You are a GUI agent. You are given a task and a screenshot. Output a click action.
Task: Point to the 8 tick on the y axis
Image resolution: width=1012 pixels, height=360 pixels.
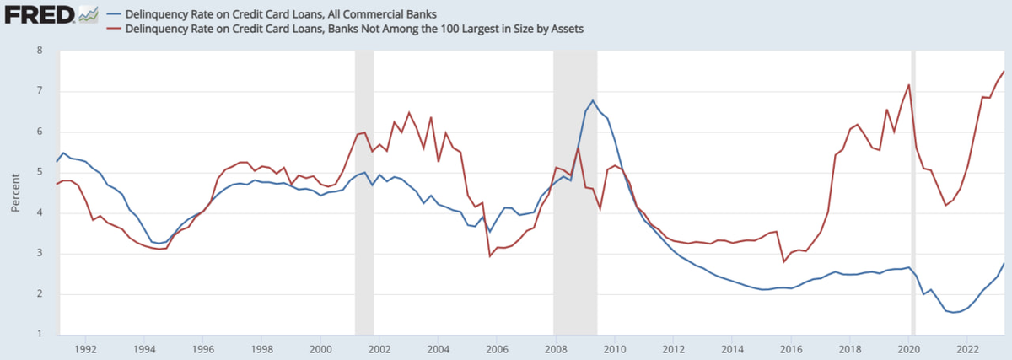[x=40, y=51]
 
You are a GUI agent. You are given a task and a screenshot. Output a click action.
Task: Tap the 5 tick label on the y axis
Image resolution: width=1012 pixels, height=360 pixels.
[x=40, y=172]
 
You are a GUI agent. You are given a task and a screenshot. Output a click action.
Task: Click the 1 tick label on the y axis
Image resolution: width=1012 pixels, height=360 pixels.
[x=40, y=335]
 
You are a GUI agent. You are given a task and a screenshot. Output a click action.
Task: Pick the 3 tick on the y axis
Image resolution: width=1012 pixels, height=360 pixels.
[x=40, y=254]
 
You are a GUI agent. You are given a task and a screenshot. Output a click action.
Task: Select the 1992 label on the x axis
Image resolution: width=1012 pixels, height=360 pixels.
[x=85, y=348]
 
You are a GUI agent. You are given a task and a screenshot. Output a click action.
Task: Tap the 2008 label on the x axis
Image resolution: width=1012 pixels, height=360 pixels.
[x=556, y=348]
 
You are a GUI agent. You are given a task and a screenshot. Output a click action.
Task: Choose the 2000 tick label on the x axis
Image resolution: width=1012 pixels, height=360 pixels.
[x=320, y=348]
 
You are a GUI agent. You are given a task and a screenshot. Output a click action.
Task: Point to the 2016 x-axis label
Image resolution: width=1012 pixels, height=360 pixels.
[x=791, y=348]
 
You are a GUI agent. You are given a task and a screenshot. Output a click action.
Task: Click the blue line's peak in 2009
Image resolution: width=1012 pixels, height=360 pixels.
[x=593, y=100]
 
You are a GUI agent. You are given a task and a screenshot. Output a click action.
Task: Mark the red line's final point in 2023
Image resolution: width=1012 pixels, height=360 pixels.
[x=1004, y=71]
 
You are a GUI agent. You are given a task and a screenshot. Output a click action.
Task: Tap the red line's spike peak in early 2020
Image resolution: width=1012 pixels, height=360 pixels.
[x=908, y=85]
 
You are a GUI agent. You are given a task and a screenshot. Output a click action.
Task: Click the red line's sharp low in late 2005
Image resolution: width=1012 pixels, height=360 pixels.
[x=490, y=255]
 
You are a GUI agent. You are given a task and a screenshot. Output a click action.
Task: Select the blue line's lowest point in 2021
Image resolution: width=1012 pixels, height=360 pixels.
[x=952, y=312]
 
